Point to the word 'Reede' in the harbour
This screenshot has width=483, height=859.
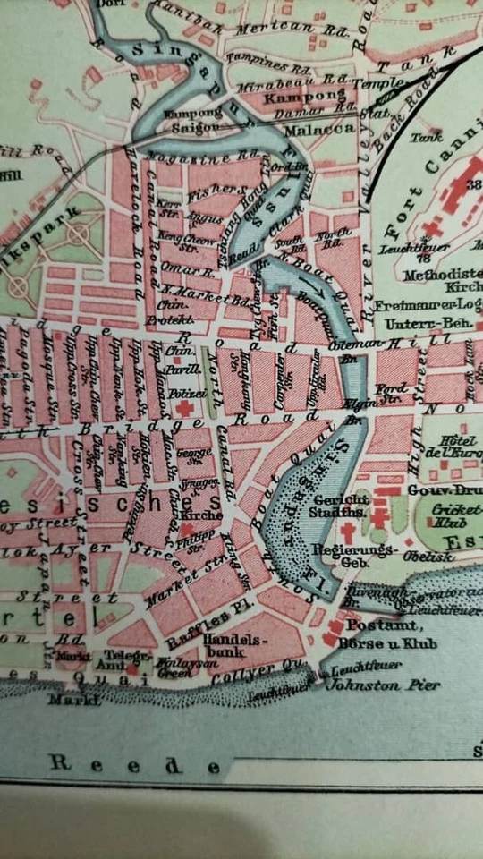(x=135, y=764)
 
